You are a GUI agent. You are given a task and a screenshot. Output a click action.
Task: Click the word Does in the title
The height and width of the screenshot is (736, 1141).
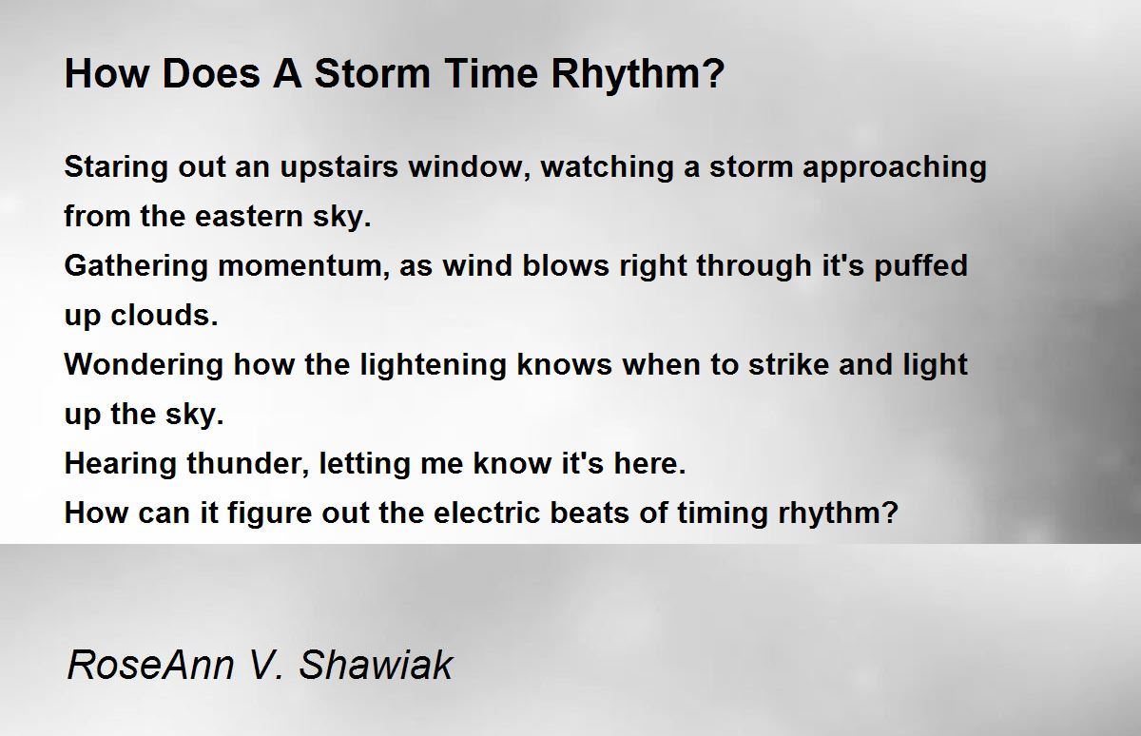click(211, 74)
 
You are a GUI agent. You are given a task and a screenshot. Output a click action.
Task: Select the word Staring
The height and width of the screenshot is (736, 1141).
click(116, 168)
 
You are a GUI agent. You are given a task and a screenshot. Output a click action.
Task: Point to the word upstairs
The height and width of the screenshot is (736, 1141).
click(338, 168)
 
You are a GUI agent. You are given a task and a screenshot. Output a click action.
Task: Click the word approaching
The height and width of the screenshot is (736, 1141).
click(895, 168)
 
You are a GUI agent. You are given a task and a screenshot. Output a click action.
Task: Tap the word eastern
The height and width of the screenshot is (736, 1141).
click(249, 217)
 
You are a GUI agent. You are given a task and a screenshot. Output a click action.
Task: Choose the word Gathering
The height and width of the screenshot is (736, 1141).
click(136, 267)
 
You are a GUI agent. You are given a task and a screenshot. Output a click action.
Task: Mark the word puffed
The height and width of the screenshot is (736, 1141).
click(921, 267)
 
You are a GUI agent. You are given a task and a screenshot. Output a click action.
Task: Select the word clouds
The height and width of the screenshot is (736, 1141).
click(164, 316)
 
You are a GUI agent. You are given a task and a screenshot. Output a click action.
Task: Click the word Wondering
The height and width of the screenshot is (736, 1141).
click(144, 365)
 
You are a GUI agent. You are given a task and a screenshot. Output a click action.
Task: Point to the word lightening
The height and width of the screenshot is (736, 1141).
click(433, 366)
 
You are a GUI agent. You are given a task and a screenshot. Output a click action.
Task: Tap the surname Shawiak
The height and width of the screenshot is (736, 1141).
click(376, 665)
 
